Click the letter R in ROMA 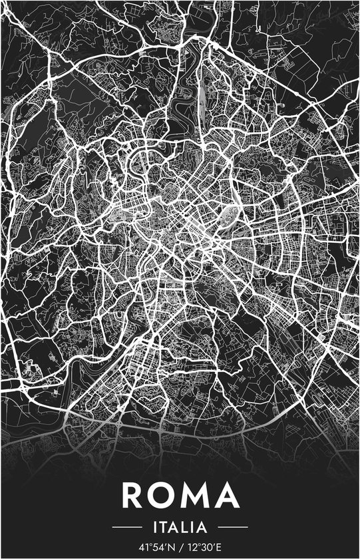(134, 496)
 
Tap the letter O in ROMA (164, 496)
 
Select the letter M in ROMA (197, 496)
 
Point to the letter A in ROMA (228, 496)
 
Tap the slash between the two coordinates (179, 548)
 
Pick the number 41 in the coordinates (144, 548)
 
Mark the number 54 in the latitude (157, 548)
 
